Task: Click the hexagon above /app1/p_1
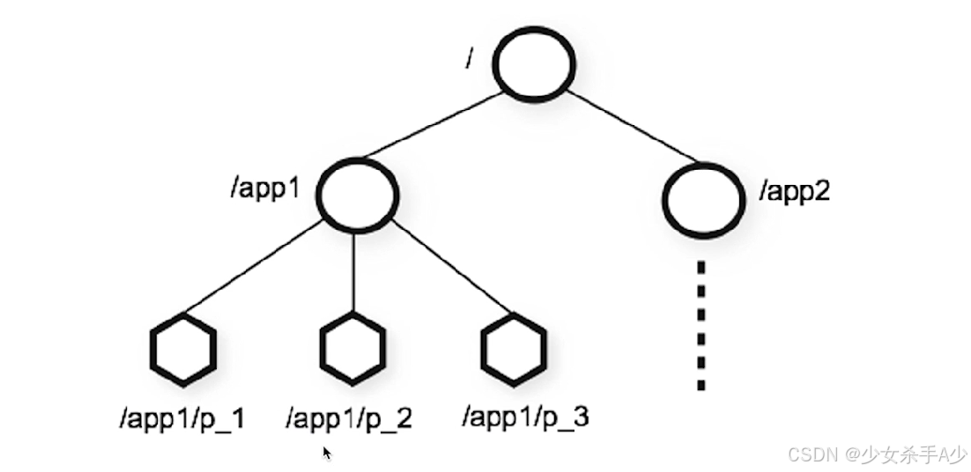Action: coord(182,350)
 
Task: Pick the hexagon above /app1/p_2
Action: coord(352,350)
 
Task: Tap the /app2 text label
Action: coord(795,190)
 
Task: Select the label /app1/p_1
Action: coord(182,419)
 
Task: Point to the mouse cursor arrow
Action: coord(327,453)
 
